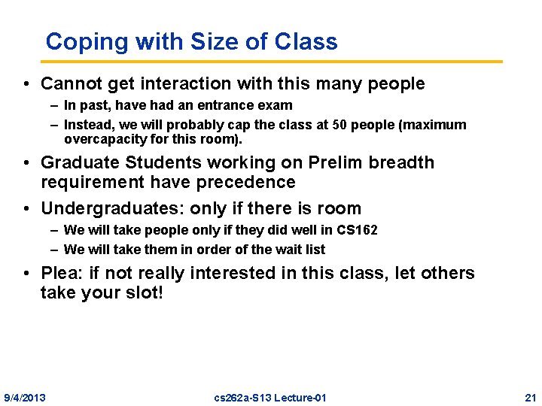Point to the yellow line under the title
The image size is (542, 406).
click(x=271, y=61)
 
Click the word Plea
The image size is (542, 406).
click(x=60, y=273)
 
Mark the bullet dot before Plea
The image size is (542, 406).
click(x=26, y=274)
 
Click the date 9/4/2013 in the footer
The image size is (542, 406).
click(x=25, y=397)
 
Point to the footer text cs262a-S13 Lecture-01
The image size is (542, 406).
click(x=270, y=397)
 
